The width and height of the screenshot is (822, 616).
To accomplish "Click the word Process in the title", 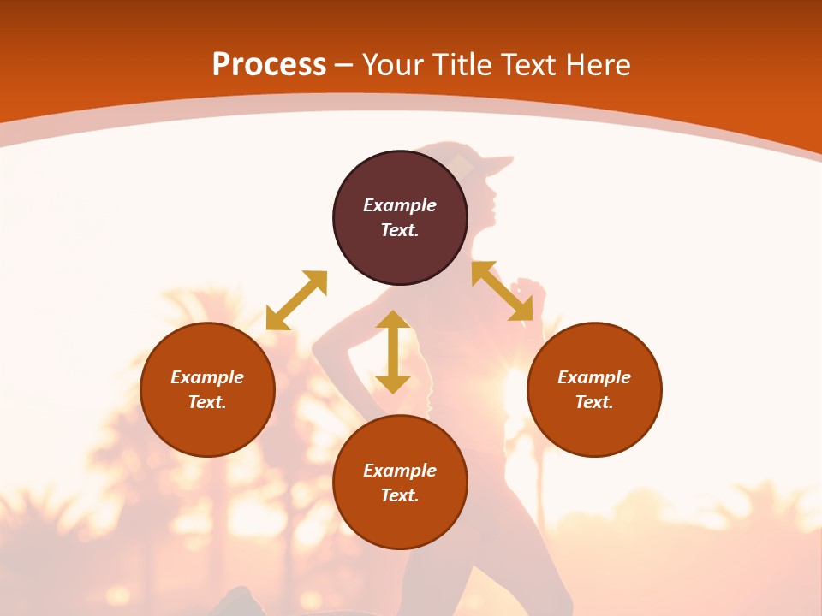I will [x=269, y=65].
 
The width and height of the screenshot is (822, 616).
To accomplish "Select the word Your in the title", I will [x=395, y=65].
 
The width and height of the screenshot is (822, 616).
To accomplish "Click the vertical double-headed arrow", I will [x=393, y=352].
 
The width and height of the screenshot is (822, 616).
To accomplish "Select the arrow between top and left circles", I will [x=296, y=300].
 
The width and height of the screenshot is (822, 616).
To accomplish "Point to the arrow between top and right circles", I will [x=509, y=291].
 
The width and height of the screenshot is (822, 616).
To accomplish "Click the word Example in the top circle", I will [x=400, y=205].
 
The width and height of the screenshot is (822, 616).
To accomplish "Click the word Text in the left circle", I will [x=207, y=402].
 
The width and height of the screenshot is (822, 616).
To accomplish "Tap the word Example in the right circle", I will [x=594, y=377].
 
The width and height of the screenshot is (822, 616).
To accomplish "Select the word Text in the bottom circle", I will [x=400, y=495].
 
